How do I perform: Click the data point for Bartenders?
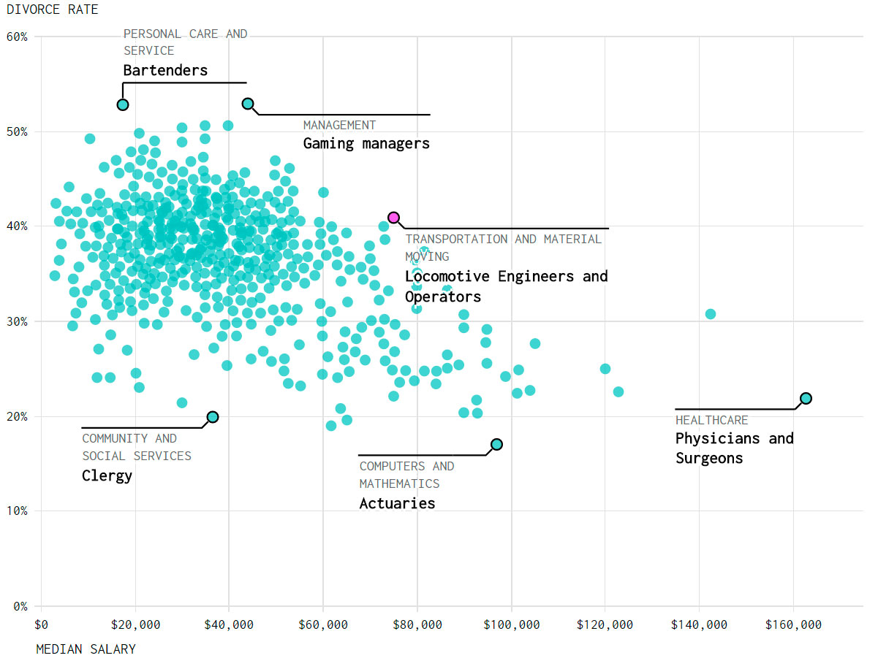tap(123, 104)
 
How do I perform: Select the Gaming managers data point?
tap(248, 104)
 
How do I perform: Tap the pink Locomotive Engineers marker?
tap(393, 217)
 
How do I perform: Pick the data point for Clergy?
tap(212, 417)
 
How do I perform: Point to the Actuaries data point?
tap(496, 444)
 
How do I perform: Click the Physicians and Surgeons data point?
tap(806, 398)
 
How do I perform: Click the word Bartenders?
tap(165, 71)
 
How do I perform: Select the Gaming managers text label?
tap(366, 144)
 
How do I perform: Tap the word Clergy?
tap(107, 476)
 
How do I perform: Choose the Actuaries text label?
tap(397, 503)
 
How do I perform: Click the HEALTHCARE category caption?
tap(711, 420)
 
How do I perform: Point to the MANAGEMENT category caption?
tap(339, 126)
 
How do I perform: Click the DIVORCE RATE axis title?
tap(52, 9)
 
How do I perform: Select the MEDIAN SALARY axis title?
tap(86, 649)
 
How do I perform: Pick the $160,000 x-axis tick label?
tap(793, 625)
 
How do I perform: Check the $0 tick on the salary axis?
tap(41, 625)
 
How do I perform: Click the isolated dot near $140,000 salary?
tap(710, 314)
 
